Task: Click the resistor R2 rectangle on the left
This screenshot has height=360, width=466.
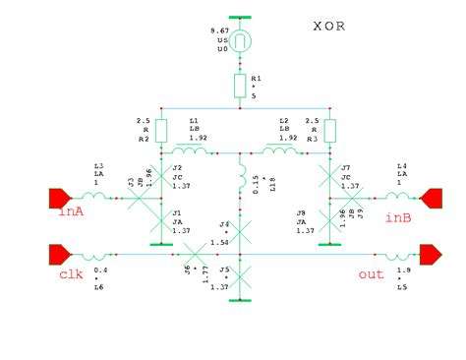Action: click(162, 130)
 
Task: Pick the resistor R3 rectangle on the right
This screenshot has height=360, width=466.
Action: click(329, 130)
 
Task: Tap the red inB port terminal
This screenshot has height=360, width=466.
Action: click(431, 199)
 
